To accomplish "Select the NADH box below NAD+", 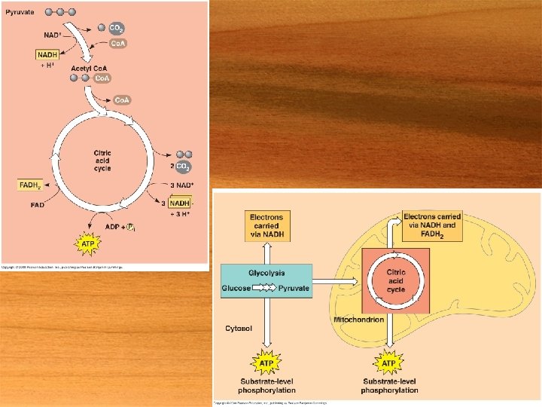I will (x=47, y=54).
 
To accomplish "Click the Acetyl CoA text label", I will (x=91, y=69).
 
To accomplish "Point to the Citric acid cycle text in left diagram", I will (x=102, y=161).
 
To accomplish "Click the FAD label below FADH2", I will (x=37, y=204).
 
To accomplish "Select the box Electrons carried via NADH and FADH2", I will (x=432, y=225).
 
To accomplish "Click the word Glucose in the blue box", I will (x=236, y=288).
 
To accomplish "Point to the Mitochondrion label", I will (x=358, y=320).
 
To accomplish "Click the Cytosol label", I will (x=239, y=328).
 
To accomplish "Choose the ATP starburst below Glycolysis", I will (x=266, y=363).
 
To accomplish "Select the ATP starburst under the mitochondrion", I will (x=389, y=363).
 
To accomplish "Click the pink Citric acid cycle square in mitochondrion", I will (x=396, y=280).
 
